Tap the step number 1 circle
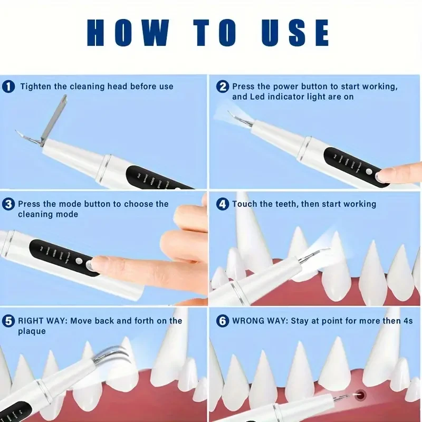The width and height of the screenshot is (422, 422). tap(8, 87)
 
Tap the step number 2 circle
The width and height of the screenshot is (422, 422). tap(223, 87)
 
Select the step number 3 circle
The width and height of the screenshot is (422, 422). tap(8, 204)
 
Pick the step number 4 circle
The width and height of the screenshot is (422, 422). tap(223, 204)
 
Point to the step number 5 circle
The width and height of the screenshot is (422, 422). tap(8, 321)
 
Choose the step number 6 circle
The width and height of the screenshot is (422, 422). tap(223, 321)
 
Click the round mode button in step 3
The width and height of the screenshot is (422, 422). tap(79, 260)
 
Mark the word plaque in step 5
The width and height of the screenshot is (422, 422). tap(32, 331)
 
